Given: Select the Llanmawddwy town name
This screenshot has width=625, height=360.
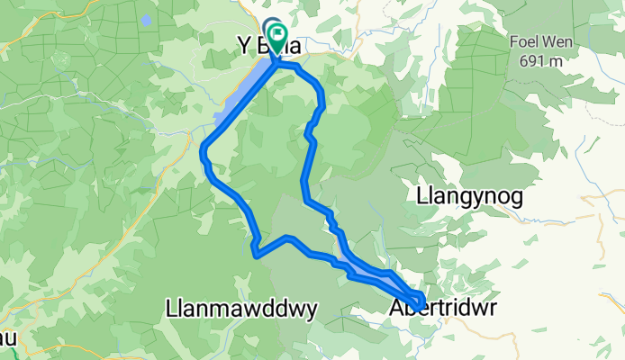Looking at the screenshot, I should click(x=241, y=310).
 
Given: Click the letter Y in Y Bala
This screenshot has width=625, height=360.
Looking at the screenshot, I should click(x=241, y=45).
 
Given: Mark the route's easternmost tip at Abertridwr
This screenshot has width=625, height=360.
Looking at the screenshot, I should click(x=422, y=301).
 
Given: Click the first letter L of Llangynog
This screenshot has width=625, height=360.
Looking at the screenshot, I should click(x=421, y=195).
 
